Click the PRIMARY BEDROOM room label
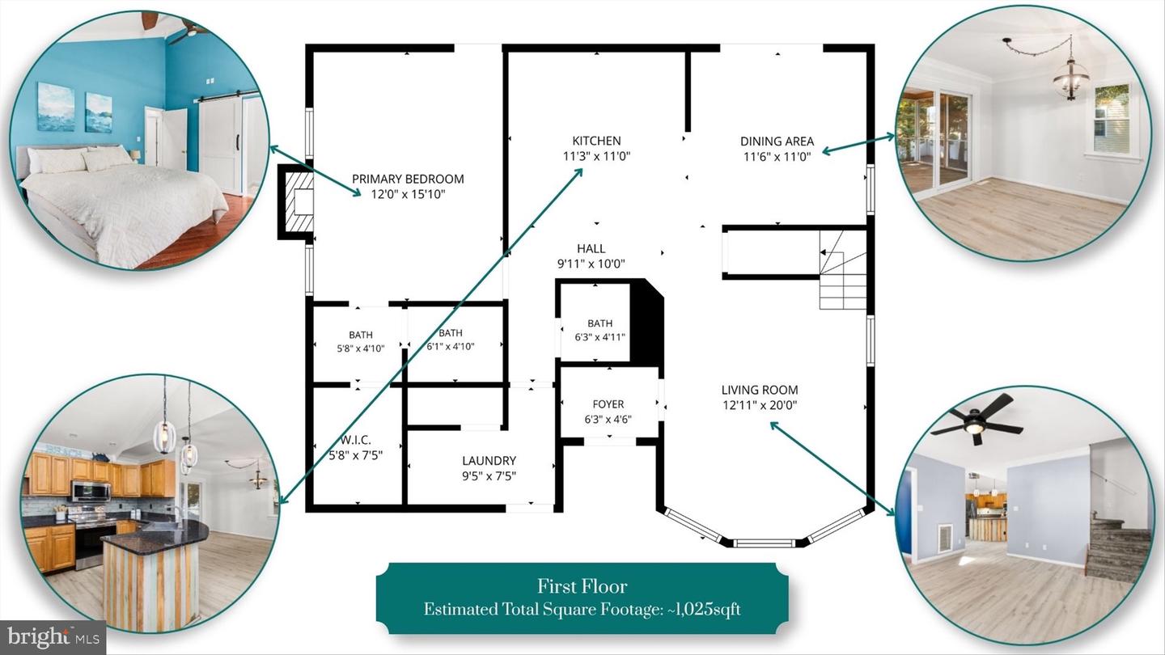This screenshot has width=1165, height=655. (408, 179)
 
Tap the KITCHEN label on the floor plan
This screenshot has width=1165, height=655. (596, 141)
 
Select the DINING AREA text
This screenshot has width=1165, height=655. (777, 142)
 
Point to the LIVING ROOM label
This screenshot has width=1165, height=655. (760, 390)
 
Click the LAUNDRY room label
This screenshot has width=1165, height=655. (489, 461)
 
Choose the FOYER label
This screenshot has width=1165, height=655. (608, 404)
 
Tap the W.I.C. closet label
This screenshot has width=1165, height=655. (356, 440)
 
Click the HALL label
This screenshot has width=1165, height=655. (591, 248)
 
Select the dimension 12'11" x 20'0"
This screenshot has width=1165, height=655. (760, 405)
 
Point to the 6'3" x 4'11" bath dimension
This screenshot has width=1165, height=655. (599, 337)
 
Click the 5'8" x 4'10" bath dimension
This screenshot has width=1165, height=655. (361, 349)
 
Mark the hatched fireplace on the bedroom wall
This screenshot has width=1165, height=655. (296, 201)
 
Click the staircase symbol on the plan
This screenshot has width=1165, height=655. (842, 269)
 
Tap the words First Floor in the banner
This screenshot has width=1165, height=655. (582, 586)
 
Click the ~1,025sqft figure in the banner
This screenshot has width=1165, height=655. (704, 609)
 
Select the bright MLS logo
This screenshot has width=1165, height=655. (53, 636)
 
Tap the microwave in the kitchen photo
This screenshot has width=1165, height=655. (91, 491)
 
